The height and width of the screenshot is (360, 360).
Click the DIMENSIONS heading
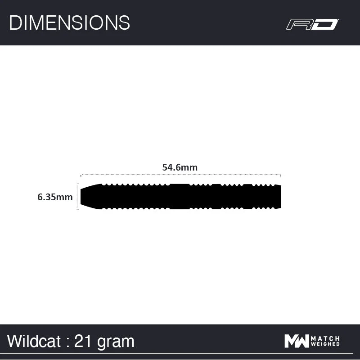pos(69,22)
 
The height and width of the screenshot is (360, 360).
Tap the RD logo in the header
pos(312,24)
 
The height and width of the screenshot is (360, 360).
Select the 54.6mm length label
pos(180,167)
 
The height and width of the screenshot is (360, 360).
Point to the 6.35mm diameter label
pos(55,197)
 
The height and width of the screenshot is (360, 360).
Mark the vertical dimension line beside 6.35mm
pos(77,197)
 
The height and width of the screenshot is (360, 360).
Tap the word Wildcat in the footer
pos(34,341)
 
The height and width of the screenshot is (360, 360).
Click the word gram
pos(115,342)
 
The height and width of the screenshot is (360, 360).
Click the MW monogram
pos(297,341)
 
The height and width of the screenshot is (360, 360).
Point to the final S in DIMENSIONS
pos(125,22)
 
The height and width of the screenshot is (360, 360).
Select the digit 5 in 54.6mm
pos(165,167)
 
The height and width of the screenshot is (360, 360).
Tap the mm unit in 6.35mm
pos(66,197)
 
